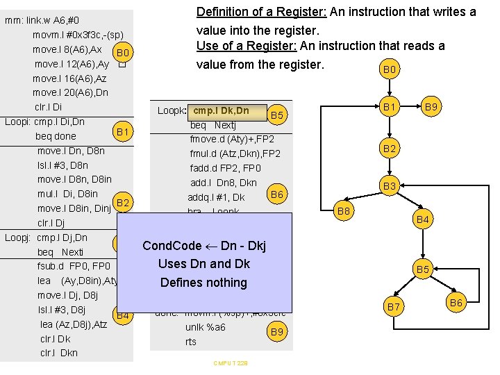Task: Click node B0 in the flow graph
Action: (x=390, y=70)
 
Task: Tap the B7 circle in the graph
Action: (x=393, y=306)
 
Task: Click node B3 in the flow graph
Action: (x=390, y=186)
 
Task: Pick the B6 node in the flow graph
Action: (x=456, y=302)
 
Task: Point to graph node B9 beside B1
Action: (x=431, y=108)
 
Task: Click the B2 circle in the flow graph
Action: (x=390, y=149)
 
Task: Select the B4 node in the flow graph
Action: (x=423, y=221)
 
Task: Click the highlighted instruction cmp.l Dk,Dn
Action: (x=221, y=110)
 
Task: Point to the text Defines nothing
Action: (x=203, y=283)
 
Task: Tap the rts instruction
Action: (x=191, y=342)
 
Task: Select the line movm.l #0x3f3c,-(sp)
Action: (x=78, y=35)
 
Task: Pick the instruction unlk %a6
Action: (x=205, y=327)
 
